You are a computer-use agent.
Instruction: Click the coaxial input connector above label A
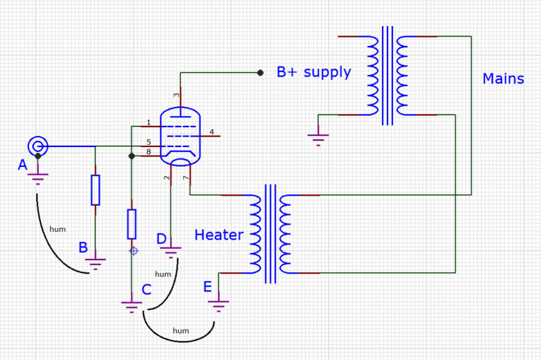(x=37, y=146)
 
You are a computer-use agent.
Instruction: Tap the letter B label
(x=83, y=248)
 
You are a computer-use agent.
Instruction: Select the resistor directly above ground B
(x=95, y=190)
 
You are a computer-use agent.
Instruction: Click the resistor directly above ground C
(x=132, y=223)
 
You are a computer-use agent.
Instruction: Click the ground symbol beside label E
(x=219, y=305)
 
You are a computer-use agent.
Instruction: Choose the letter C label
(x=146, y=289)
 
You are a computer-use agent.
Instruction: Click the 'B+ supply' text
(x=313, y=72)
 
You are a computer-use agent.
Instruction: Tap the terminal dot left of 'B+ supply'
(x=260, y=72)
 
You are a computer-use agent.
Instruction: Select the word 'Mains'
(x=503, y=79)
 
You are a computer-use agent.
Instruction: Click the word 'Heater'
(x=219, y=235)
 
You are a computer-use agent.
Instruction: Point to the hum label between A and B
(x=58, y=229)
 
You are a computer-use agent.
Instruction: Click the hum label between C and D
(x=163, y=274)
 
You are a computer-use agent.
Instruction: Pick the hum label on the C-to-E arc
(x=181, y=330)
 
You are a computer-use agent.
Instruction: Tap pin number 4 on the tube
(x=211, y=132)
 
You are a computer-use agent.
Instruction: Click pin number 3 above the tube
(x=177, y=95)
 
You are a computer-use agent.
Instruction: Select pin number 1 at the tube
(x=149, y=123)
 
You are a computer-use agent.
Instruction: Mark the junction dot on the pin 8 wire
(x=132, y=156)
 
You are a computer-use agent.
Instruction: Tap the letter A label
(x=23, y=165)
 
